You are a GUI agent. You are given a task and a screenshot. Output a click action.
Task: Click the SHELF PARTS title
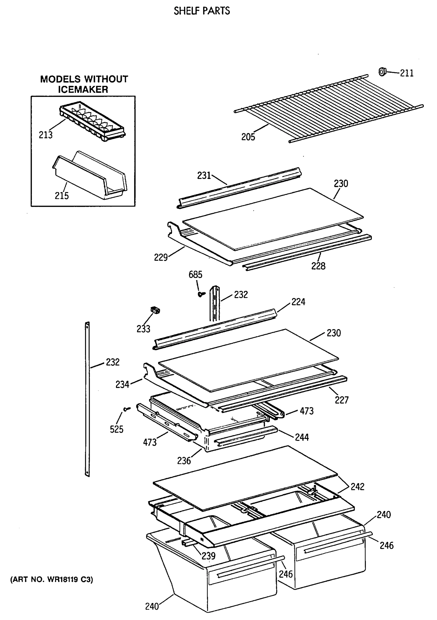coord(202,11)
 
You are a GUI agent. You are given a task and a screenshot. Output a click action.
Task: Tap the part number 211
coord(406,73)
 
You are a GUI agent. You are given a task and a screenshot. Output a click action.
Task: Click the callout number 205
coord(248,137)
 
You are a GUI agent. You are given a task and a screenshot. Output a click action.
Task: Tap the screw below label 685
coord(201,294)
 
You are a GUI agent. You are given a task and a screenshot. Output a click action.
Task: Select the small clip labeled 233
coord(155,310)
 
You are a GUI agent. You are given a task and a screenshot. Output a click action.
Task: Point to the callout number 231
coord(204,175)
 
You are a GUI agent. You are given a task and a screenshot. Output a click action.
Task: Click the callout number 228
coord(318,266)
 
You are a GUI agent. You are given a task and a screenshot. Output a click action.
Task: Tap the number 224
coord(298,302)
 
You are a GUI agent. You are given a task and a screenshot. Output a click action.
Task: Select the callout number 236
coord(184,461)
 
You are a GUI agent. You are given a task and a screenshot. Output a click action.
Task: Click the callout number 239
coord(208,555)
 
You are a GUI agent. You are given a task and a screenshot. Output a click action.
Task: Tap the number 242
coord(357,487)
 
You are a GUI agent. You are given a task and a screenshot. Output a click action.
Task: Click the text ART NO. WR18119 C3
coord(51,579)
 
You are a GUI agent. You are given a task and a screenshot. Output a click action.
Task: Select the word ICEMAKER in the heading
coord(83,89)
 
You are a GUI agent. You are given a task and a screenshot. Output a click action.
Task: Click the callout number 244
coord(301,437)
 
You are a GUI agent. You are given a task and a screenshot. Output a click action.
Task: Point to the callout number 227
coord(342,400)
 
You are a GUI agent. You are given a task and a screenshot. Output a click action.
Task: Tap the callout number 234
coord(122,384)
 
